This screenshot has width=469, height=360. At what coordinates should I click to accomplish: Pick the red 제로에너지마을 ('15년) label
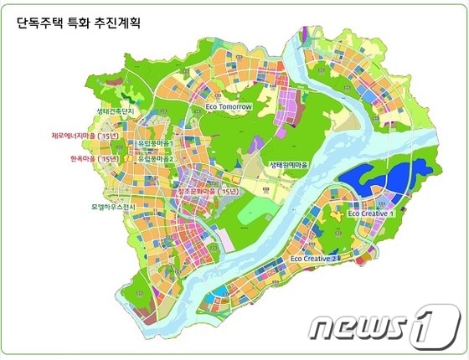click(x=85, y=134)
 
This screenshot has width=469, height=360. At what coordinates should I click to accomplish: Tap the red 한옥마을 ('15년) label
click(x=85, y=157)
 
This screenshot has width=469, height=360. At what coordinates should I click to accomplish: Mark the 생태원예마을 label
click(x=288, y=165)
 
